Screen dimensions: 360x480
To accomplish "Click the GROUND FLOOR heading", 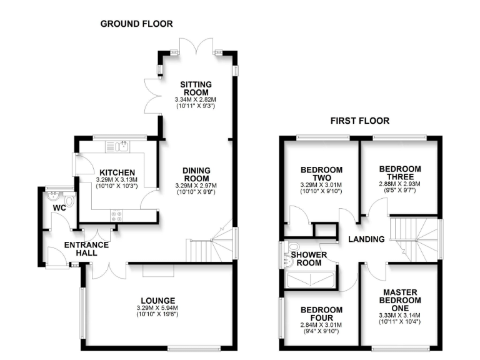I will pyautogui.click(x=137, y=24).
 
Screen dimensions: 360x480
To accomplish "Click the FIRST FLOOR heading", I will pyautogui.click(x=359, y=121).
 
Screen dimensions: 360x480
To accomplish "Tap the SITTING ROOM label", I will pyautogui.click(x=196, y=88).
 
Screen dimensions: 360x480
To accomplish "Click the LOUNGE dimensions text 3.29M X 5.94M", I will pyautogui.click(x=157, y=308).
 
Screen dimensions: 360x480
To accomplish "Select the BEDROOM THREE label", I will pyautogui.click(x=400, y=172).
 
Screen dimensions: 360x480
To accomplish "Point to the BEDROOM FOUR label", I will pyautogui.click(x=321, y=314).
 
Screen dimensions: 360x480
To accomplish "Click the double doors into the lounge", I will pyautogui.click(x=107, y=271).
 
